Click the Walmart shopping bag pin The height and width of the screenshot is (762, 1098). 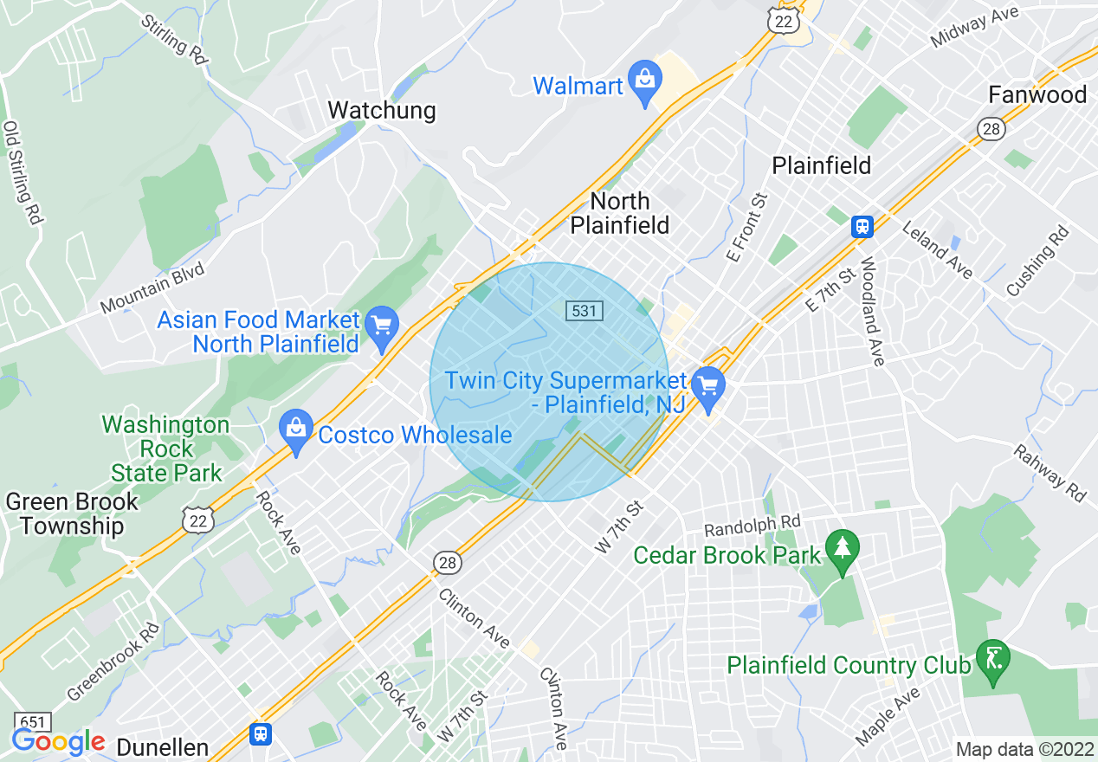click(644, 81)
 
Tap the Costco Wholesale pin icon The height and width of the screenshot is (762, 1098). click(296, 429)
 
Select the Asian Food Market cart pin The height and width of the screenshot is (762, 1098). click(381, 327)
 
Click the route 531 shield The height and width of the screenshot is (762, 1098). click(585, 310)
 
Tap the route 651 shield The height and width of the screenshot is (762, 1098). click(32, 721)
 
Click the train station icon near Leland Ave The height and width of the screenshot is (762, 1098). click(862, 227)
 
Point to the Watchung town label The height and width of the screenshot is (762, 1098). click(381, 111)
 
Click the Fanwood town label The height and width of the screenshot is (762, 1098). click(1037, 94)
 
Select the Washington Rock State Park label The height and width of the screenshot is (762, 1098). click(165, 449)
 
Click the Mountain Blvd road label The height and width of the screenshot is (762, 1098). click(152, 288)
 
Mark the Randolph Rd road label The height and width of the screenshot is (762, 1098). click(752, 526)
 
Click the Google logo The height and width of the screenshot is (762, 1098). click(58, 742)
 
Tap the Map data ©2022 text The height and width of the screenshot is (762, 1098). click(1024, 749)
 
